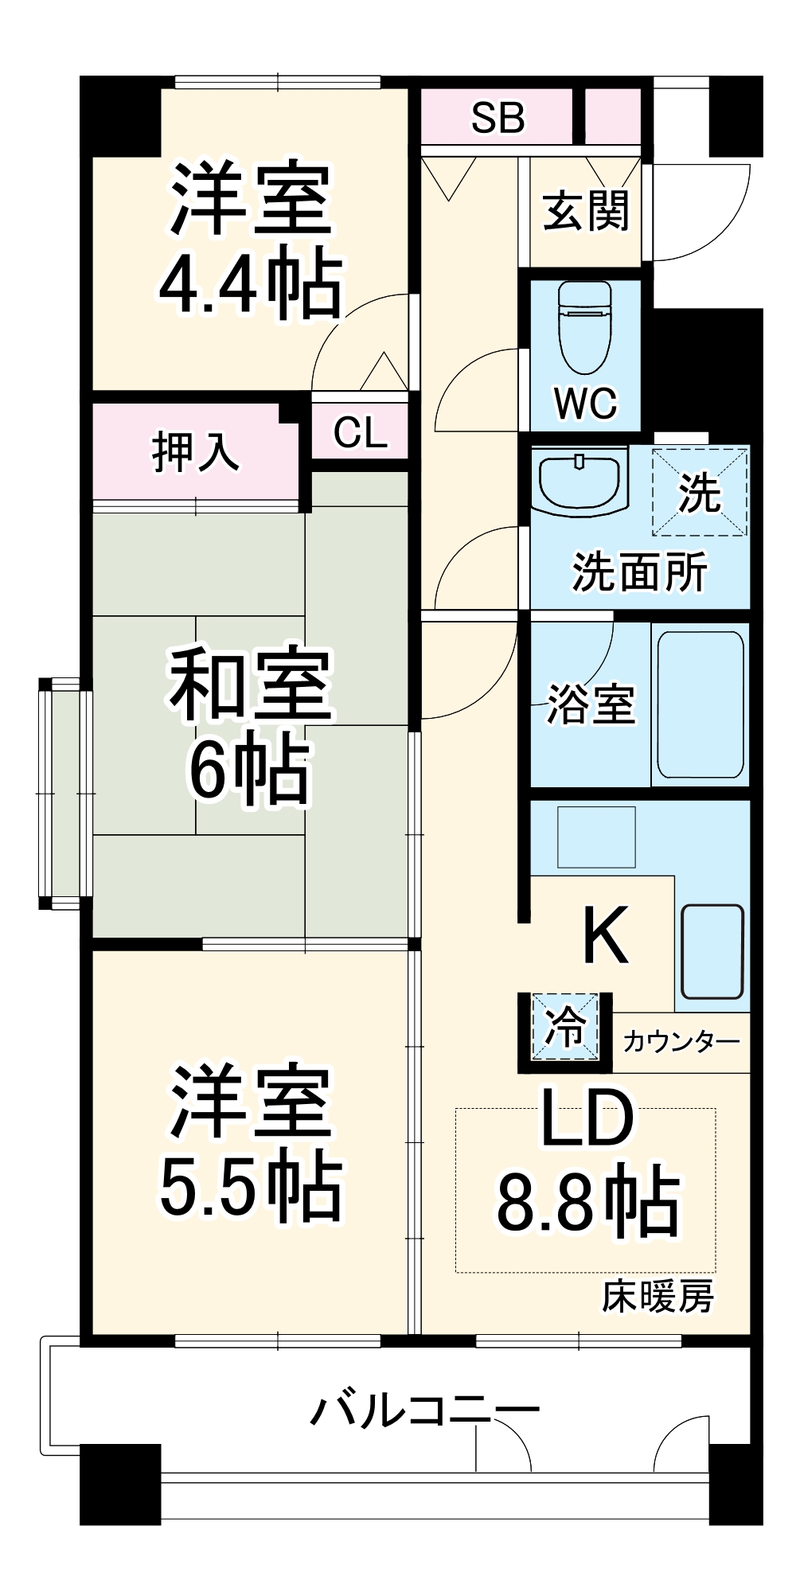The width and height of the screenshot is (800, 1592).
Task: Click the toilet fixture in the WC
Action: [585, 326]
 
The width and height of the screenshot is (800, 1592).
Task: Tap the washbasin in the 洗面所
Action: [580, 481]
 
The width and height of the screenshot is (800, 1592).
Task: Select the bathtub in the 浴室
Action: [700, 704]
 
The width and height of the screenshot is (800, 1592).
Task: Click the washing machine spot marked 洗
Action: [700, 493]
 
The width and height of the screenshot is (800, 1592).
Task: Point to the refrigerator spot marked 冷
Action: [564, 1027]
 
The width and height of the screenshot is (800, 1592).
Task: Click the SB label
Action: [498, 118]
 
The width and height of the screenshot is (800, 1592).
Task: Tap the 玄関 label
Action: [586, 211]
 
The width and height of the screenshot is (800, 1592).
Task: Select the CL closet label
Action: [360, 432]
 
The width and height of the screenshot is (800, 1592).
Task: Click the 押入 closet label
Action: [195, 452]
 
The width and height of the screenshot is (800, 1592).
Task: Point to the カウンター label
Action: [681, 1041]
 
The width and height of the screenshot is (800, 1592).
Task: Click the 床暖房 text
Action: [658, 1297]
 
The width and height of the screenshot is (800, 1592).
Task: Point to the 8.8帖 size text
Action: [588, 1202]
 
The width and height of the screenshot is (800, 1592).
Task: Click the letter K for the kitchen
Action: [605, 936]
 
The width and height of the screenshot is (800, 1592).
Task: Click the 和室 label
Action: [250, 685]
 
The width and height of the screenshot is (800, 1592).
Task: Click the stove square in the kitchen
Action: [596, 837]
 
